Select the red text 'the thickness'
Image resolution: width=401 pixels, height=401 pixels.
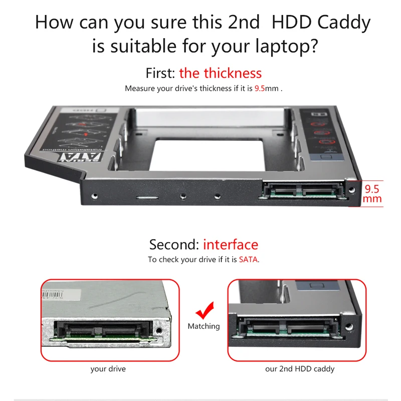click(220, 73)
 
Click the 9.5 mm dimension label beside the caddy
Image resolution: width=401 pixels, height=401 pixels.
click(372, 194)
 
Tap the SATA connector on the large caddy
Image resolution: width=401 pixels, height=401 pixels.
click(302, 191)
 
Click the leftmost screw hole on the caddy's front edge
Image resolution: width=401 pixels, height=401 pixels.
click(94, 197)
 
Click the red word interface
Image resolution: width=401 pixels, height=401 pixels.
click(231, 245)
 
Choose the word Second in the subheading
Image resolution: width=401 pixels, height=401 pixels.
click(174, 245)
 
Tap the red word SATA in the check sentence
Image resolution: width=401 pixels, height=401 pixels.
click(248, 260)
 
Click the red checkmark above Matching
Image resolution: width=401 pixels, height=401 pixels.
click(205, 311)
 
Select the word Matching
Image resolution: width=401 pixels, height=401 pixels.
click(204, 326)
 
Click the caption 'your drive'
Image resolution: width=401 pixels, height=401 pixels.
click(108, 369)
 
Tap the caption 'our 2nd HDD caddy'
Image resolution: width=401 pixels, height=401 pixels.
click(299, 369)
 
